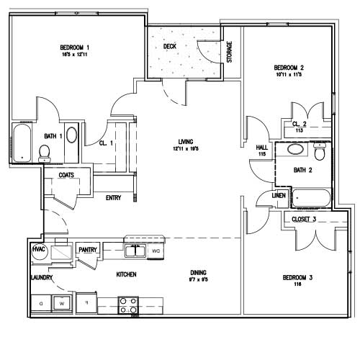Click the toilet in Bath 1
[44, 152]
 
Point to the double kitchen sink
[135, 251]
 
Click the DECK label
[170, 47]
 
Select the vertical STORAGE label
[230, 51]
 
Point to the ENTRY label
[113, 198]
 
